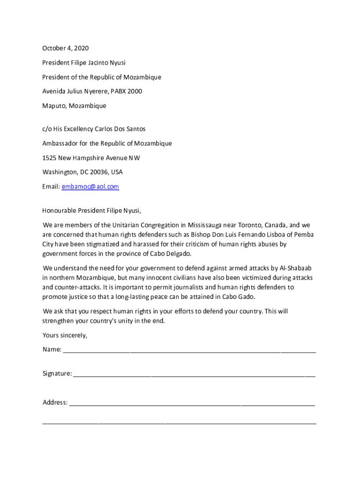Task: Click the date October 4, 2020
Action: (x=65, y=48)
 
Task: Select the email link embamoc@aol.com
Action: (x=90, y=187)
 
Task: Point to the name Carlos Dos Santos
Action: (x=120, y=129)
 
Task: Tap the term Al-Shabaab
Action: (x=296, y=268)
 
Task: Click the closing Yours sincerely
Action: (x=65, y=335)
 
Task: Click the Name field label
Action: (x=52, y=349)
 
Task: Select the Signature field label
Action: (x=57, y=374)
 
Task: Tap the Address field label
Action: (x=55, y=402)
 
